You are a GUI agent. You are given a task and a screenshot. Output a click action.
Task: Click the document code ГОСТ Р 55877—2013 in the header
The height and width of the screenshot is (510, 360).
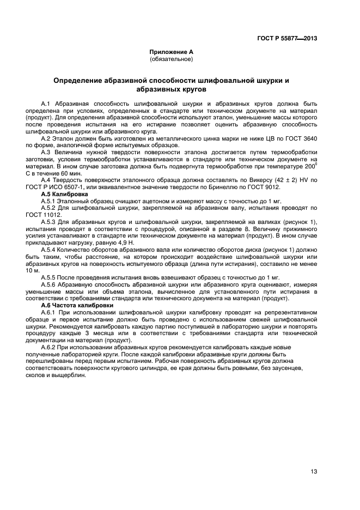287,39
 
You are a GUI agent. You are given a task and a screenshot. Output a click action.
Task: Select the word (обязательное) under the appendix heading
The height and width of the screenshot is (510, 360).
171,59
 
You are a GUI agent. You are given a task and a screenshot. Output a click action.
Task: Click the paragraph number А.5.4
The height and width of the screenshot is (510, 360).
50,249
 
